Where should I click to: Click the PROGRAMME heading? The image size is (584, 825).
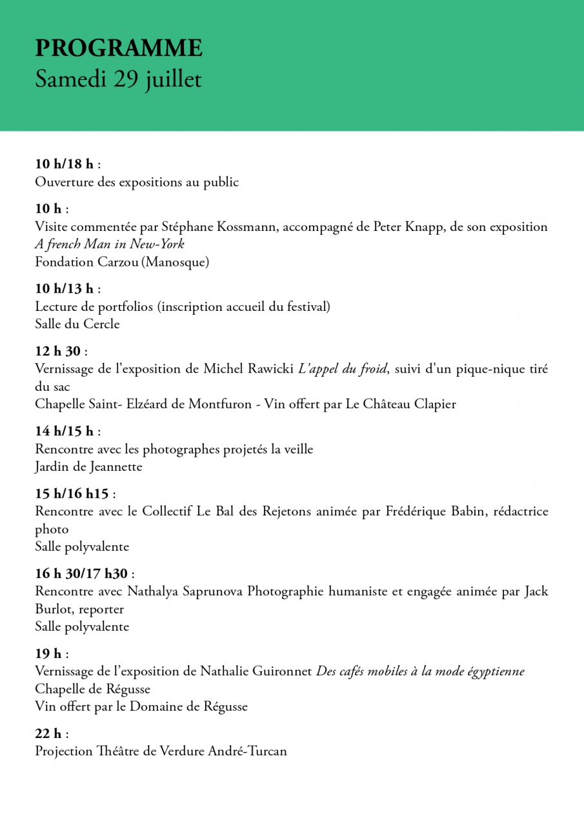(x=119, y=48)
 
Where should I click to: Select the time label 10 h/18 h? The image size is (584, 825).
(x=64, y=164)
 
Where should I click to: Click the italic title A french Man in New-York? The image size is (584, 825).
(x=110, y=244)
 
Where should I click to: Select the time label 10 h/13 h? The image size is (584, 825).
(x=64, y=288)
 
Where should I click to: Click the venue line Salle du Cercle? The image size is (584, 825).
(x=77, y=324)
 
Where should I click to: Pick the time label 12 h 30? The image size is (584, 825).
(x=58, y=352)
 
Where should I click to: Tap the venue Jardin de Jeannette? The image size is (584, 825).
(x=88, y=466)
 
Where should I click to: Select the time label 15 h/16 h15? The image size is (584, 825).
(x=72, y=494)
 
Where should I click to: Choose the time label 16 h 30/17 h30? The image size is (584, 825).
(x=82, y=573)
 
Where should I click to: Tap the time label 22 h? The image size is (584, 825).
(x=48, y=734)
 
